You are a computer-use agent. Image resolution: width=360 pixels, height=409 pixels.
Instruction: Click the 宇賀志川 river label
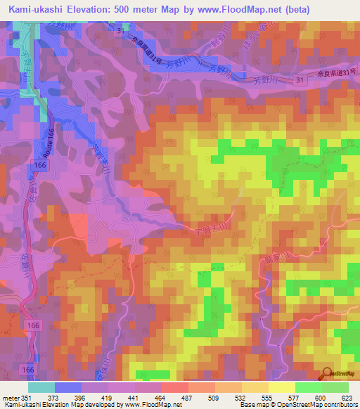point(205,230)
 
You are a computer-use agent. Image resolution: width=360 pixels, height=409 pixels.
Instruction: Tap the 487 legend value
point(186,398)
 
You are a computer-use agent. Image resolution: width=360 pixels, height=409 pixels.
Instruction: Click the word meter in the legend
point(10,398)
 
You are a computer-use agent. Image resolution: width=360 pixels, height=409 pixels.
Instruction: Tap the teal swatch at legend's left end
point(41,387)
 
